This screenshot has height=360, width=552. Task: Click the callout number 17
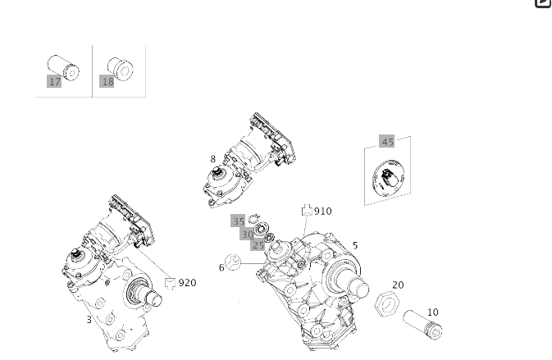[x=55, y=82]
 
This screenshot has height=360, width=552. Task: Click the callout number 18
[x=107, y=82]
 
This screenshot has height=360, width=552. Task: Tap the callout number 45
[x=387, y=142]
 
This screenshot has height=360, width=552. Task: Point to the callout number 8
[x=213, y=160]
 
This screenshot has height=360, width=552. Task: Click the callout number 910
[x=323, y=212]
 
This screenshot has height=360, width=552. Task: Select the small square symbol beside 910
[x=307, y=211]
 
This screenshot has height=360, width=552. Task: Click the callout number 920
[x=188, y=283]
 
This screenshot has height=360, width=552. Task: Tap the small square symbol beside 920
[x=170, y=283]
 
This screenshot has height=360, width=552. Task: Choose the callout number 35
[x=238, y=221]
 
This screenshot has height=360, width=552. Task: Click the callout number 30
[x=247, y=235]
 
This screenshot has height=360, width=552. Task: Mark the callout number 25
[x=258, y=246]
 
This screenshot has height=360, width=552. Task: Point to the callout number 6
[x=221, y=268]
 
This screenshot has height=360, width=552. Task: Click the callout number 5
[x=355, y=246]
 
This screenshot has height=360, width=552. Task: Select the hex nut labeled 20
[x=386, y=304]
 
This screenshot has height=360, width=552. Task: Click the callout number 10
[x=432, y=312]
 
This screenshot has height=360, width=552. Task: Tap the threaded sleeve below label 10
[x=422, y=324]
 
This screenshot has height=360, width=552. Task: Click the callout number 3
[x=89, y=320]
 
